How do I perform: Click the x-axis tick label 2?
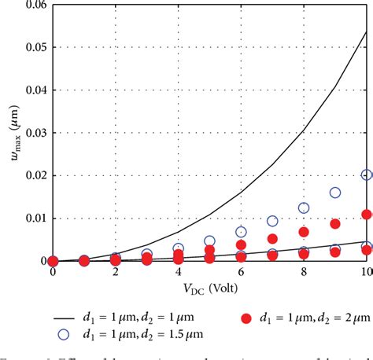115,272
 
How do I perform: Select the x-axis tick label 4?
178,272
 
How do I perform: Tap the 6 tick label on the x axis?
241,272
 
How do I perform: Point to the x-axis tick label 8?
304,272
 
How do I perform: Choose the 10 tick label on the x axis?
365,272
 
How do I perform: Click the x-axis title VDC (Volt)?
209,288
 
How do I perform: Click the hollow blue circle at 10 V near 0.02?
366,175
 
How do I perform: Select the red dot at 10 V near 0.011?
366,214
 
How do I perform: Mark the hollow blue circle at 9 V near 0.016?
335,193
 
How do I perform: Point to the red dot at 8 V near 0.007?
304,232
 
